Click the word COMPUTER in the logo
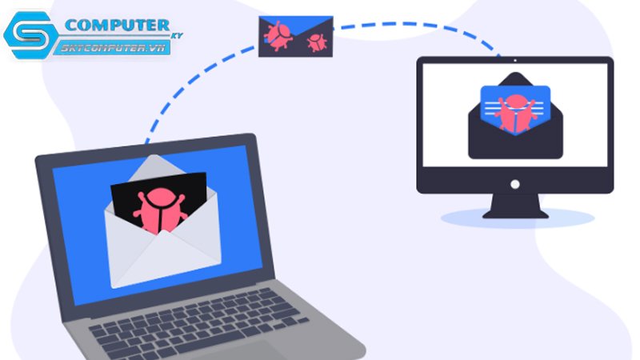(x=117, y=26)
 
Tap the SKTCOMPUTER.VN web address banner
(x=114, y=48)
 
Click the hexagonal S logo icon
(x=30, y=35)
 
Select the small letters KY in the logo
(x=178, y=35)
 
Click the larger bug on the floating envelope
(x=278, y=35)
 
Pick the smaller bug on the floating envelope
(x=317, y=42)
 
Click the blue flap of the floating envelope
(x=296, y=26)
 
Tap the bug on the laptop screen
(x=159, y=210)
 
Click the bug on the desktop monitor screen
(x=515, y=113)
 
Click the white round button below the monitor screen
(x=515, y=184)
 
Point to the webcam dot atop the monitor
(x=515, y=61)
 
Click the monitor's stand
(x=515, y=206)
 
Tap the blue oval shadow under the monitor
(x=517, y=218)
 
